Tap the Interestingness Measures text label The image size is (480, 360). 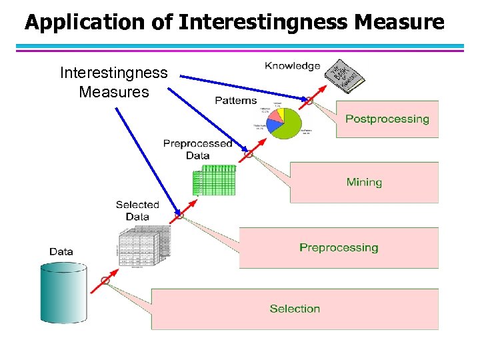[114, 82]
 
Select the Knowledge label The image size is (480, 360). [292, 65]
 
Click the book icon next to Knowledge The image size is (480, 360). [345, 75]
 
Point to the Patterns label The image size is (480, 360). [235, 100]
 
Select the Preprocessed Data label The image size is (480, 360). [197, 149]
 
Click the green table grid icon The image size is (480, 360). [214, 179]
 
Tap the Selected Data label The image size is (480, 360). [137, 210]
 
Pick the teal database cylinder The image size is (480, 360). [64, 293]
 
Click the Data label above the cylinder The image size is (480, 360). [61, 251]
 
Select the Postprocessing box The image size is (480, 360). [387, 119]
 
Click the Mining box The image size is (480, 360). [364, 182]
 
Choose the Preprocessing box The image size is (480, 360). [339, 247]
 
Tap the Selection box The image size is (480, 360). [295, 309]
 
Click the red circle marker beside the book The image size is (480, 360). [309, 101]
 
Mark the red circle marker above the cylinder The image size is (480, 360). [105, 280]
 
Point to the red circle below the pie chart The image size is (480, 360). [249, 154]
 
